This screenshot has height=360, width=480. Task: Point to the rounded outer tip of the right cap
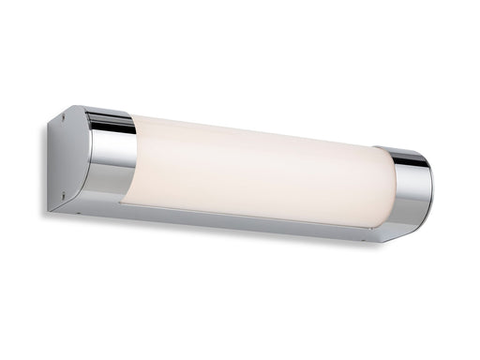click(x=431, y=192)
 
